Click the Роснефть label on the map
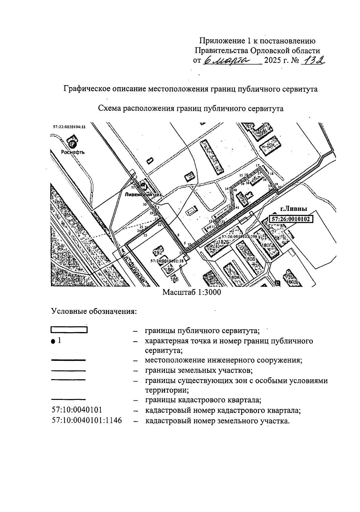(x=73, y=152)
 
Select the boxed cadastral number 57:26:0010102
(x=290, y=219)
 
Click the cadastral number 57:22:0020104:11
(x=69, y=127)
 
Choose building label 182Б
(x=223, y=242)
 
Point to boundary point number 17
(x=257, y=166)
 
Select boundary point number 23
(x=145, y=236)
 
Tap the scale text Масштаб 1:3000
(x=191, y=292)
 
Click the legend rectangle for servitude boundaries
(x=69, y=330)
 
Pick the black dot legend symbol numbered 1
(x=53, y=341)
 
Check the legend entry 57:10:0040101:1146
(x=87, y=421)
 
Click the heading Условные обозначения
(x=94, y=311)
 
